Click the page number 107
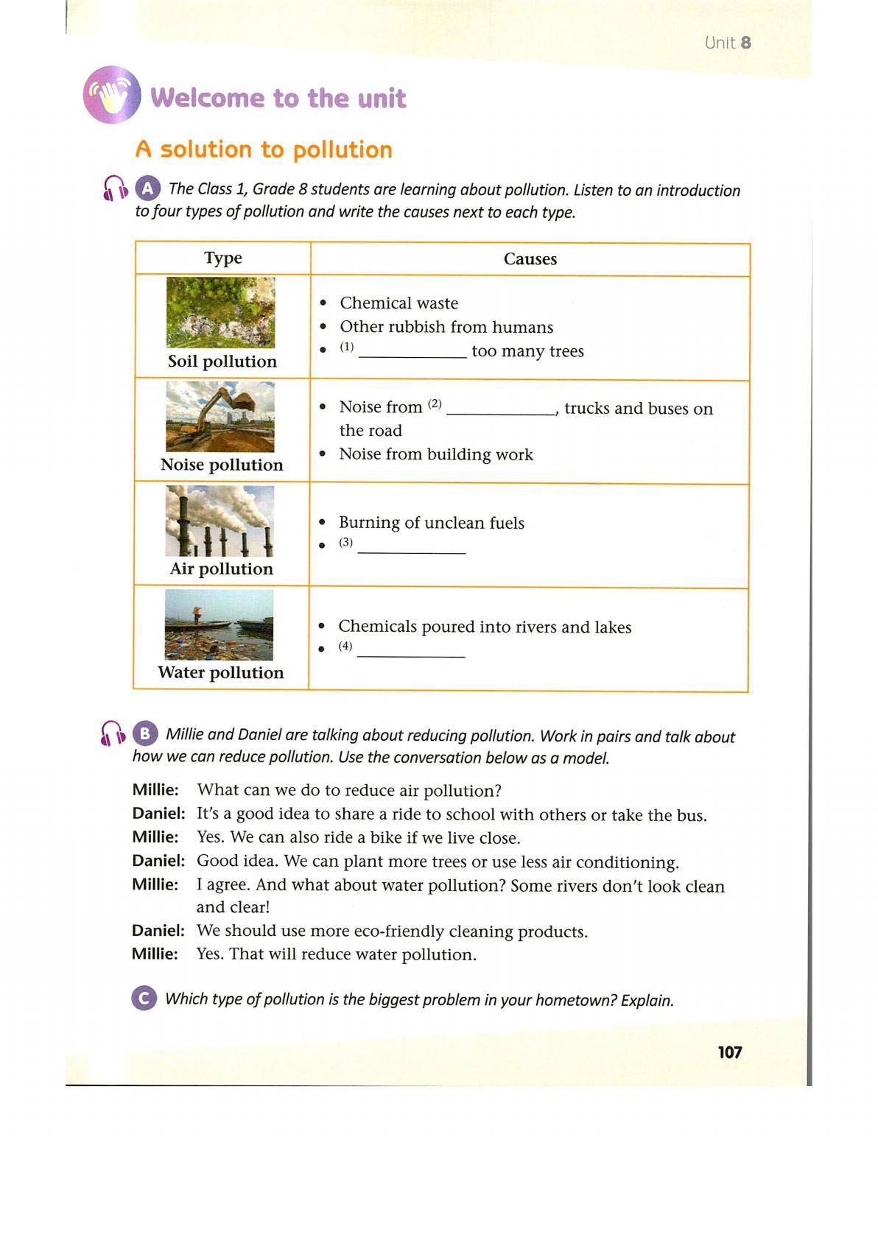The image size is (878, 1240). point(729,1052)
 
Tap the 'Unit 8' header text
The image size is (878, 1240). point(727,43)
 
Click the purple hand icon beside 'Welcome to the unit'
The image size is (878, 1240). point(112,95)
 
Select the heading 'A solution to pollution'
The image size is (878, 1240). point(264,149)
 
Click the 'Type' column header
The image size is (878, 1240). point(223,258)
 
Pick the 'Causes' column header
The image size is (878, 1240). point(530,258)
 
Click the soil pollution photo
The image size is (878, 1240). point(220,312)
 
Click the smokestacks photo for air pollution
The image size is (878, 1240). point(219,521)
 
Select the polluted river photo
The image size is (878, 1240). point(219,624)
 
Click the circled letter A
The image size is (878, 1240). point(147,189)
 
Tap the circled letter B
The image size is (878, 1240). point(145,733)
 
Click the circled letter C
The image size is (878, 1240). point(144,998)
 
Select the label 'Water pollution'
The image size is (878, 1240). point(220,672)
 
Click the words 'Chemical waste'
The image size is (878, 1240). point(398,303)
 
